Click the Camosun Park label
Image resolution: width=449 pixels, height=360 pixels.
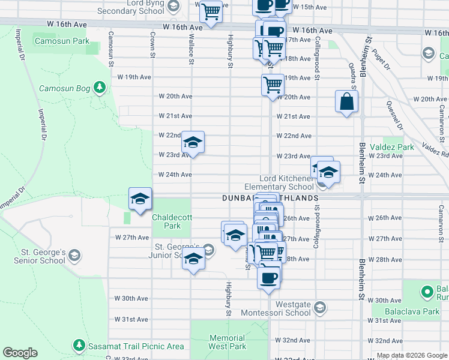point(61,41)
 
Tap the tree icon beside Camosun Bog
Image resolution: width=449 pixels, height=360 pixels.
point(100,88)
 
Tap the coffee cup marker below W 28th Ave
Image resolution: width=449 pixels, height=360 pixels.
point(268,277)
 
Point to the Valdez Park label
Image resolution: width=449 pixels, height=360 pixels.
point(391,147)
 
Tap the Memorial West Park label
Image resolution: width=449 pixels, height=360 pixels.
point(228,342)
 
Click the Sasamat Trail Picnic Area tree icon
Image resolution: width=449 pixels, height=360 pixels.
point(79,346)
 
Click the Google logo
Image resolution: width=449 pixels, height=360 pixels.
point(20,353)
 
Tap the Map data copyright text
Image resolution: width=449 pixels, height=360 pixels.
point(411,355)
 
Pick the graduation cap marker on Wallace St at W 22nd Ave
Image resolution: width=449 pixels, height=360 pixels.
point(193,143)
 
